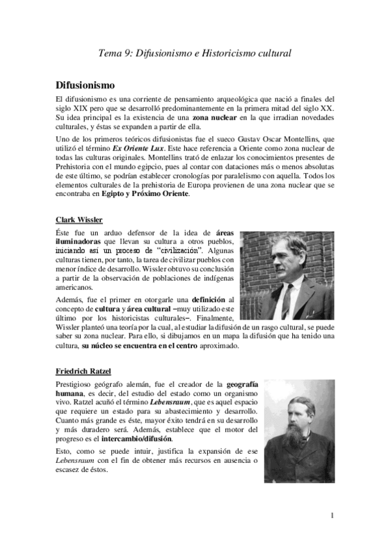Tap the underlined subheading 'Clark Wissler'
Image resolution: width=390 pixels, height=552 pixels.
(79, 219)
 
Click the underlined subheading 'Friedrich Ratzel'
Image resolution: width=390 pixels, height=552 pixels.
(83, 371)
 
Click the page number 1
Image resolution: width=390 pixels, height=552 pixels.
(332, 516)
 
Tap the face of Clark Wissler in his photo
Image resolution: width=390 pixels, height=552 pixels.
(289, 253)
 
